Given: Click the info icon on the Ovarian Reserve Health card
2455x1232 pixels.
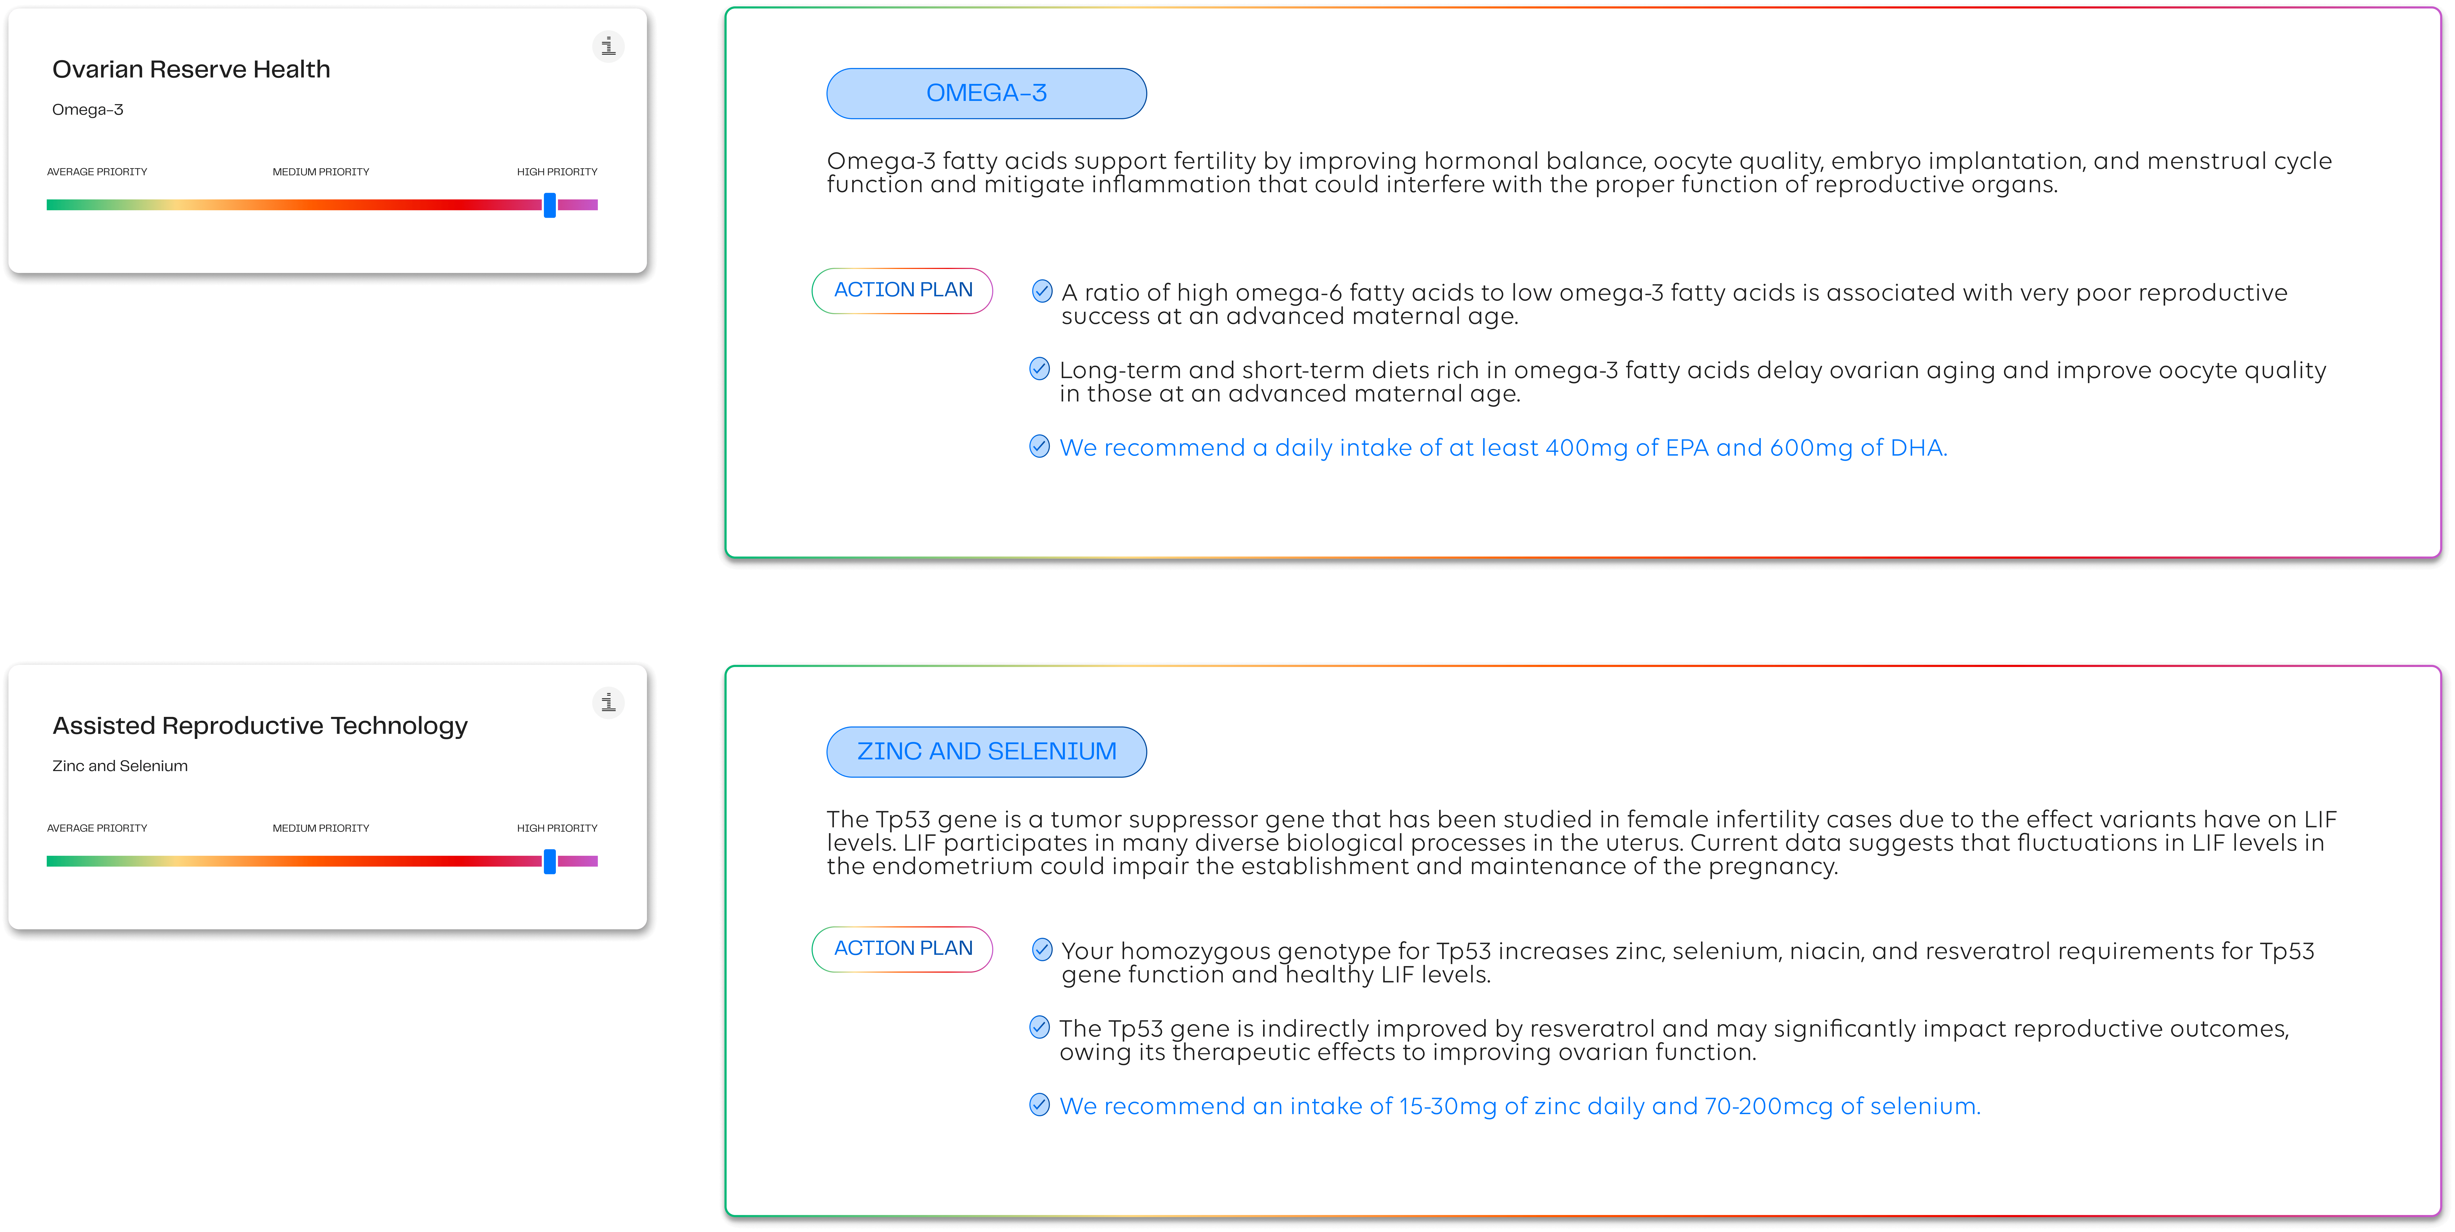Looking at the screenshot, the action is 608,46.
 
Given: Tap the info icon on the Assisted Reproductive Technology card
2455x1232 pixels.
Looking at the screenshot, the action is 608,702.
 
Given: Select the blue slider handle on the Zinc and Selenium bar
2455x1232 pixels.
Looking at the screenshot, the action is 550,861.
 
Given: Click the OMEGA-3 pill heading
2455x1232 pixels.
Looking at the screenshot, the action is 986,93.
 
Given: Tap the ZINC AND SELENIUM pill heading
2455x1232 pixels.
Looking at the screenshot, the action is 986,752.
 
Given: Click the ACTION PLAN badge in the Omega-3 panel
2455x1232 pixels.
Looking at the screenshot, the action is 902,291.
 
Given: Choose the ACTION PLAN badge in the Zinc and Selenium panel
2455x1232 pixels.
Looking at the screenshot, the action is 902,949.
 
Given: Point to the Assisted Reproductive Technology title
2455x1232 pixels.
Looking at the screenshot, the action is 260,726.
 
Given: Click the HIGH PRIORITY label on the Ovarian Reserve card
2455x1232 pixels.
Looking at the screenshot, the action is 557,172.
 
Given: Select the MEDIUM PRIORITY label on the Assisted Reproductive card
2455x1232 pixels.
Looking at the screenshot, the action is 321,828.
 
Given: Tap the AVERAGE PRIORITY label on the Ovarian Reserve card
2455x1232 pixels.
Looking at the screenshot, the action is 97,172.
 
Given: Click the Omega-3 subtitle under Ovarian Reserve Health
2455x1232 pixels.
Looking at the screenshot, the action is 88,110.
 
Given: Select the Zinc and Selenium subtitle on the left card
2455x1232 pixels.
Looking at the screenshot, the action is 120,766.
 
